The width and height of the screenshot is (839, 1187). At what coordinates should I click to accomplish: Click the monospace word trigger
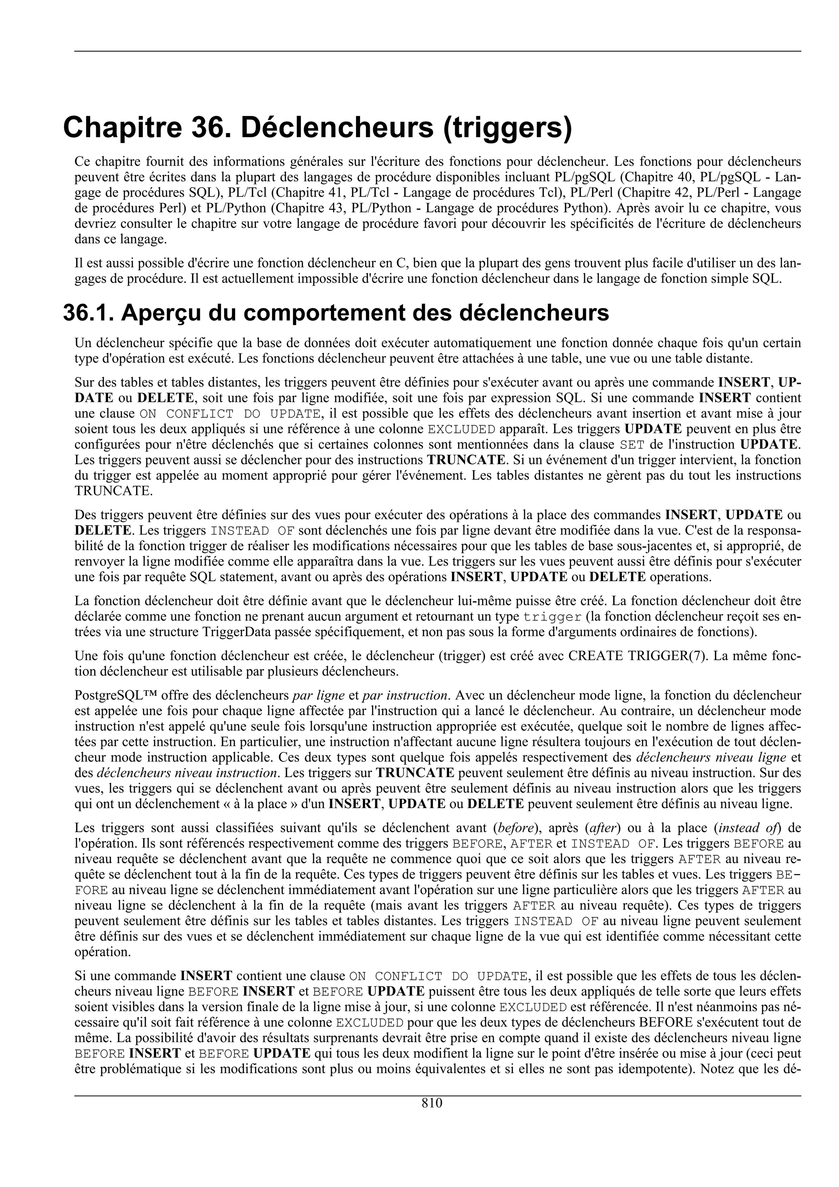click(552, 617)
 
